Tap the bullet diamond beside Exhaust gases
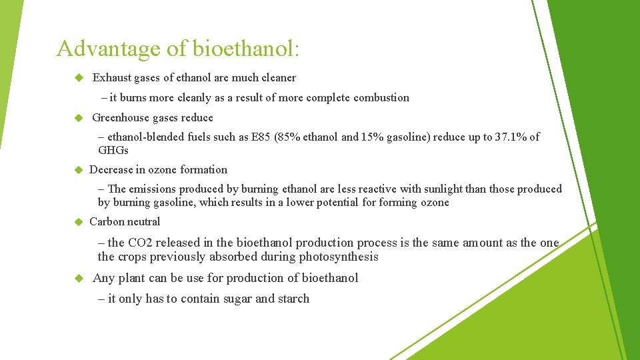tap(77, 78)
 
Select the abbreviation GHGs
tap(113, 150)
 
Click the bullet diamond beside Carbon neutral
tap(77, 222)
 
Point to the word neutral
tap(143, 222)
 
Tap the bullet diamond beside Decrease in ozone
tap(77, 170)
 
